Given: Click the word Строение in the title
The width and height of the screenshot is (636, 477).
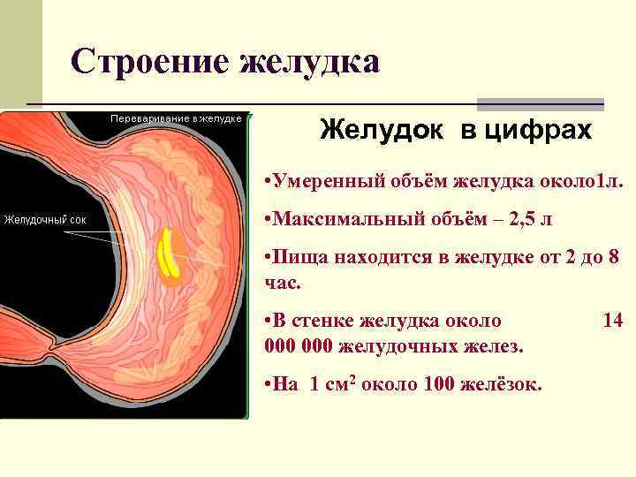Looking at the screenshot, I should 141,61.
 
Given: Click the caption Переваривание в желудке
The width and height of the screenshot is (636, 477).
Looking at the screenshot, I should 176,117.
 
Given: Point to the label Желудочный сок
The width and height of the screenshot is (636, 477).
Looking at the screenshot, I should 45,219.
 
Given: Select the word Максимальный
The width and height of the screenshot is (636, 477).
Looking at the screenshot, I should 342,219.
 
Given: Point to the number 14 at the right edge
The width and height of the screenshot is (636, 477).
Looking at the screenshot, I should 612,319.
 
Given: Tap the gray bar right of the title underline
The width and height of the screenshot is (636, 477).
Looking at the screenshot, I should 540,104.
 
